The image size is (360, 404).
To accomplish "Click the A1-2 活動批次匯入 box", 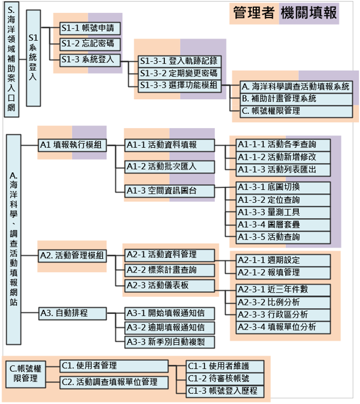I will [170, 167].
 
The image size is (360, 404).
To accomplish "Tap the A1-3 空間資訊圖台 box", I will [170, 190].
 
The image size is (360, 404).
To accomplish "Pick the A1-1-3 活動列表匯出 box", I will [283, 169].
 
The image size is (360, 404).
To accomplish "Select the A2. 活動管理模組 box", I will [72, 256].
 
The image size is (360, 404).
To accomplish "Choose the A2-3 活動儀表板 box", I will [170, 284].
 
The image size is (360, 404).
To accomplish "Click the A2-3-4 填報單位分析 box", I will [283, 326].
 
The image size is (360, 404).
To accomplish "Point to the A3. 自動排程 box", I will [72, 313].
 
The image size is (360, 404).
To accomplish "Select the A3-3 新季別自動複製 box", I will [170, 342].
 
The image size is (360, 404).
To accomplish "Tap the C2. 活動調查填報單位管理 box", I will [114, 382].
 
